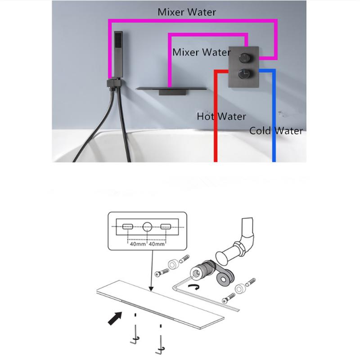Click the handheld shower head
click(118, 54)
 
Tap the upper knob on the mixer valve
click(244, 58)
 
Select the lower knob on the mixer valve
click(244, 73)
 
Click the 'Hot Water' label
click(221, 117)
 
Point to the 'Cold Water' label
click(276, 130)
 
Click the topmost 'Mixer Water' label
click(187, 12)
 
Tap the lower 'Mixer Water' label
click(201, 52)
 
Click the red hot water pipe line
click(216, 115)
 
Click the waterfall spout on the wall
click(171, 90)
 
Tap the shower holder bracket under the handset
click(113, 83)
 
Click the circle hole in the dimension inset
click(147, 227)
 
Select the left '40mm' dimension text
click(138, 244)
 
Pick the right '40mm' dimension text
click(157, 244)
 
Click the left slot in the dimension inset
click(128, 227)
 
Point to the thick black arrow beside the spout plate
click(115, 318)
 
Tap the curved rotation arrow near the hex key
click(194, 286)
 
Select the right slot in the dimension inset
click(166, 227)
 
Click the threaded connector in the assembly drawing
click(202, 269)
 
